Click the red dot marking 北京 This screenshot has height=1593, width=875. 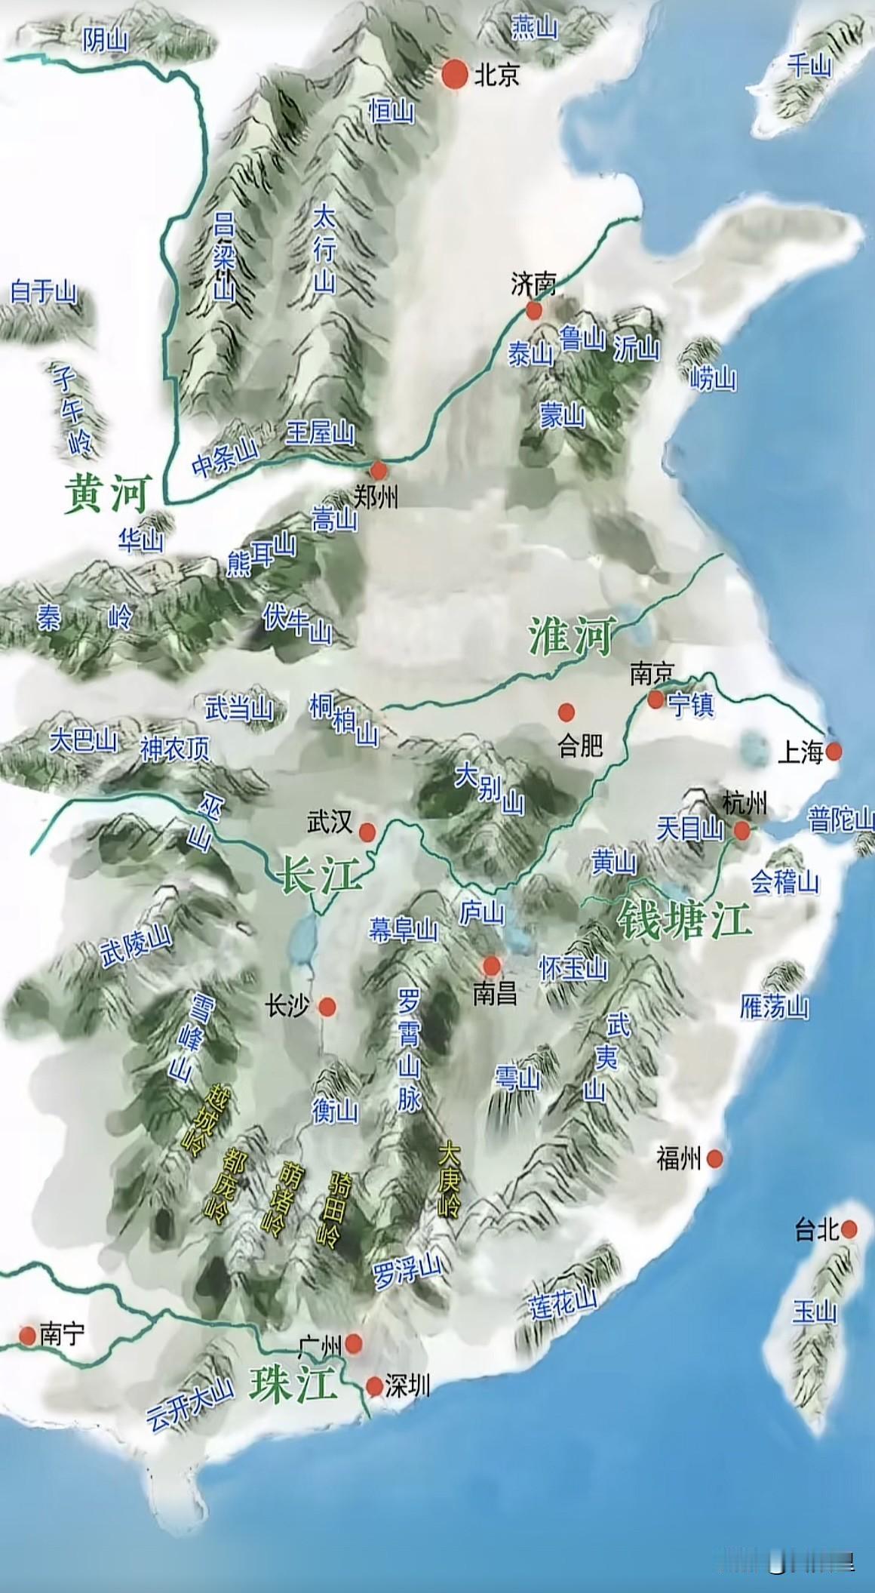(454, 74)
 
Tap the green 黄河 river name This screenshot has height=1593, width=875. (108, 494)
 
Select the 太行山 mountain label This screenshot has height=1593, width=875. (324, 248)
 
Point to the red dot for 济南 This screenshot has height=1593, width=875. (534, 311)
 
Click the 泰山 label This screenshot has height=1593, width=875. (530, 354)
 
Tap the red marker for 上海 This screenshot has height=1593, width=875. (834, 751)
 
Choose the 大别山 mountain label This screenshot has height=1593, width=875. (490, 789)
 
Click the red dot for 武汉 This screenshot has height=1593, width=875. (367, 832)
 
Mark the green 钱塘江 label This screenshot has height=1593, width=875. (683, 920)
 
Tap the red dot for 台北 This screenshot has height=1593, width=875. (850, 1229)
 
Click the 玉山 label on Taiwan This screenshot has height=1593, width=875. (815, 1312)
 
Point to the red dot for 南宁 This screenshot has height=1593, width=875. (28, 1336)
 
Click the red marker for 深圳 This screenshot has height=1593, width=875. (374, 1386)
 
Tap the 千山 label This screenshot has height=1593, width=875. (809, 66)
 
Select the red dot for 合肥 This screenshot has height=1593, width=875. (566, 712)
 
